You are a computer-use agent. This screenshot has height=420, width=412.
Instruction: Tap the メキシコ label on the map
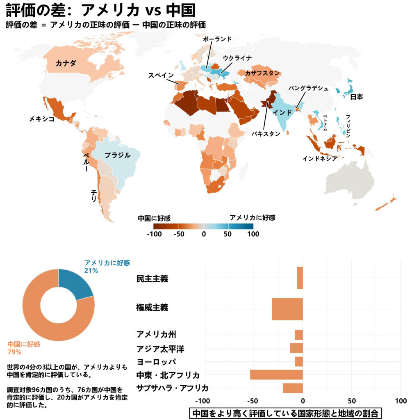click(x=42, y=119)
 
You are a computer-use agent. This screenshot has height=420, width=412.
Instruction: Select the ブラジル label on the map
click(x=117, y=155)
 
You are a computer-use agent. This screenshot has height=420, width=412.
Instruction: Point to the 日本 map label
click(x=357, y=97)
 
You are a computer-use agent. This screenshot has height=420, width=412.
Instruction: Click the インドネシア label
click(x=320, y=158)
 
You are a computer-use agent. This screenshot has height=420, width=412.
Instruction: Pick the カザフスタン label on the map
click(x=262, y=73)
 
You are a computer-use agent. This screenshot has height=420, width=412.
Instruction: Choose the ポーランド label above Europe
click(x=217, y=39)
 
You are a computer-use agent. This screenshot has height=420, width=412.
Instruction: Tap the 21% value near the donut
click(x=91, y=271)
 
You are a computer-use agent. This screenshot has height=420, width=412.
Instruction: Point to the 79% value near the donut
click(x=14, y=352)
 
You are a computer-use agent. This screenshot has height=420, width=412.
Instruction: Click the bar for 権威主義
click(x=287, y=309)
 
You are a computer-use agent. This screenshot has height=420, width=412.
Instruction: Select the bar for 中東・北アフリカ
click(x=276, y=374)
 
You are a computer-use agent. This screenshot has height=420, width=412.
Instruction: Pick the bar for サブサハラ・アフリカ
click(x=293, y=388)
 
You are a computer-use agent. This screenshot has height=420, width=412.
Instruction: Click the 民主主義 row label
click(x=152, y=279)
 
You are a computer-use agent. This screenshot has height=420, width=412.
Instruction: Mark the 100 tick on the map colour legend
click(x=253, y=234)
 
